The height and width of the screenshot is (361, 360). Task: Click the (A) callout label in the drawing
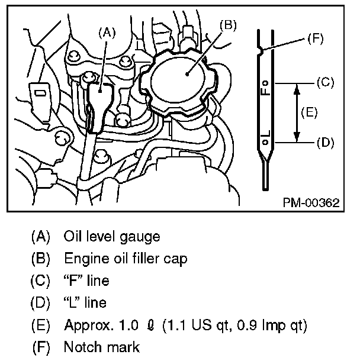pos(107,33)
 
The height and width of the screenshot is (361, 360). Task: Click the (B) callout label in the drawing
pos(228,25)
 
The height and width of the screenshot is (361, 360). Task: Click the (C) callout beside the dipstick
pos(326,83)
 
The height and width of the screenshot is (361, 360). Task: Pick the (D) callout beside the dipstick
pos(326,143)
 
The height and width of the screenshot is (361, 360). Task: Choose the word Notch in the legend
pos(81,347)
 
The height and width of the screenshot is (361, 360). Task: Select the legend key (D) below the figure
pos(41,303)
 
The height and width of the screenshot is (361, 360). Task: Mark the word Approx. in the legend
pos(86,325)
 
